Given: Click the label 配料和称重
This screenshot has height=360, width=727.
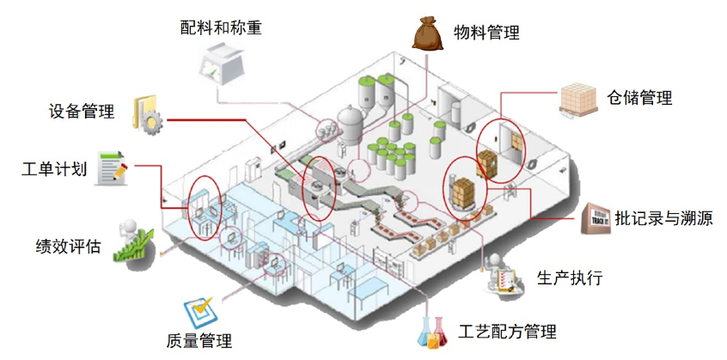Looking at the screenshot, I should pyautogui.click(x=221, y=27).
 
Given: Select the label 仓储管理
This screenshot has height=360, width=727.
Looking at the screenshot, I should pyautogui.click(x=639, y=97).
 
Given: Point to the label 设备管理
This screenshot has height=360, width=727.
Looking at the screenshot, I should pyautogui.click(x=82, y=112).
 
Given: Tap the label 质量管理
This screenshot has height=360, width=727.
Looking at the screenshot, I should pyautogui.click(x=199, y=341).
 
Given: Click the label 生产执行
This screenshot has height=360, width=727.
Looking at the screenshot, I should pyautogui.click(x=569, y=278).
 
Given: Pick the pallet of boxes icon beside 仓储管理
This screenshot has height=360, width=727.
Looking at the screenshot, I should pyautogui.click(x=582, y=99).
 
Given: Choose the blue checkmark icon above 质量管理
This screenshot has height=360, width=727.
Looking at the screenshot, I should pyautogui.click(x=199, y=307).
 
